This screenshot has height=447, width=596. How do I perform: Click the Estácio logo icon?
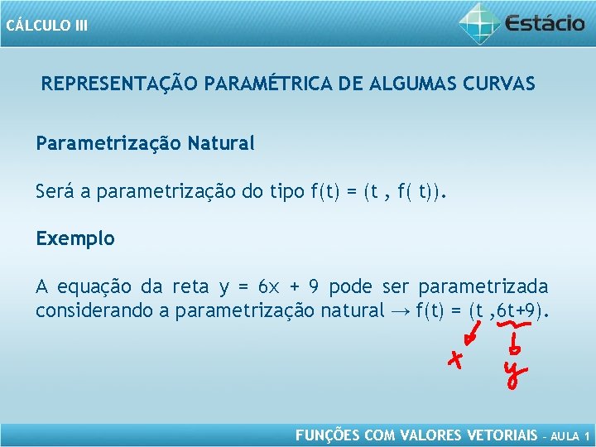click(479, 22)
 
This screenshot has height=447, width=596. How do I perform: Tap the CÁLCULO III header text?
click(46, 25)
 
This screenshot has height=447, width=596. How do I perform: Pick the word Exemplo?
click(75, 239)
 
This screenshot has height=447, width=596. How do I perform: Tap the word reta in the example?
click(190, 287)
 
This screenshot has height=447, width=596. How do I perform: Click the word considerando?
click(91, 312)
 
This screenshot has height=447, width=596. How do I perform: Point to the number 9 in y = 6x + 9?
click(314, 287)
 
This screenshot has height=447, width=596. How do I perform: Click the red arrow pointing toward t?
click(474, 334)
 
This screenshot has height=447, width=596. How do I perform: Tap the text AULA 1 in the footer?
click(570, 435)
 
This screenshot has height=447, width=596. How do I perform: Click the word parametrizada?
click(483, 287)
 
